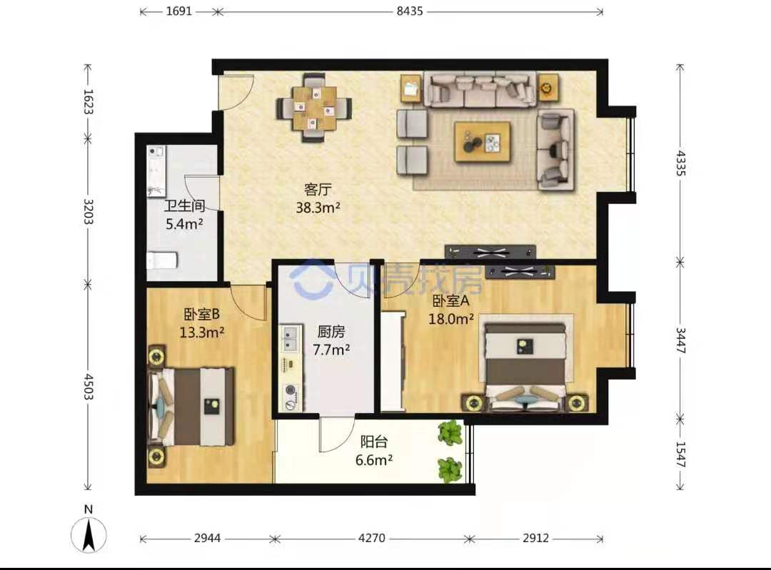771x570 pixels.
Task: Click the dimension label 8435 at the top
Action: tap(410, 11)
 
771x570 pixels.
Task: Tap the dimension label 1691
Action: tap(178, 11)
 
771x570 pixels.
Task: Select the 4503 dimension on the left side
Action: tap(88, 387)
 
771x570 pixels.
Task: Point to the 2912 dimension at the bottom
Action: tap(535, 538)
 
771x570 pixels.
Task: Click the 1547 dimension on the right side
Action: tap(680, 454)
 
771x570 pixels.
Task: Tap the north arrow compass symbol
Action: tap(89, 530)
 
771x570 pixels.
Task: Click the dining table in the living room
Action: tap(314, 108)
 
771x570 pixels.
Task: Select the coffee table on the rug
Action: tap(482, 141)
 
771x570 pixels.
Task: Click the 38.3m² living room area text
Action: tap(318, 208)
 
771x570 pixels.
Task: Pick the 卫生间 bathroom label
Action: tap(184, 205)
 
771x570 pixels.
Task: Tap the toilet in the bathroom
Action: tap(162, 260)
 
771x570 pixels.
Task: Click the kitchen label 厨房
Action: tap(331, 332)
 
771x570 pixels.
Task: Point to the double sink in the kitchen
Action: tap(291, 339)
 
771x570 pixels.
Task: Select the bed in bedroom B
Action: tap(192, 407)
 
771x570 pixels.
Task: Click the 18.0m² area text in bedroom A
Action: tap(451, 319)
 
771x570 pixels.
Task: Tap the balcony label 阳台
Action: tap(373, 442)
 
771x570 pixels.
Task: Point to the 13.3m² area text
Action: tap(201, 332)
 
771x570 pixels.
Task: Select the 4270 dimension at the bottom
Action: tap(372, 538)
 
